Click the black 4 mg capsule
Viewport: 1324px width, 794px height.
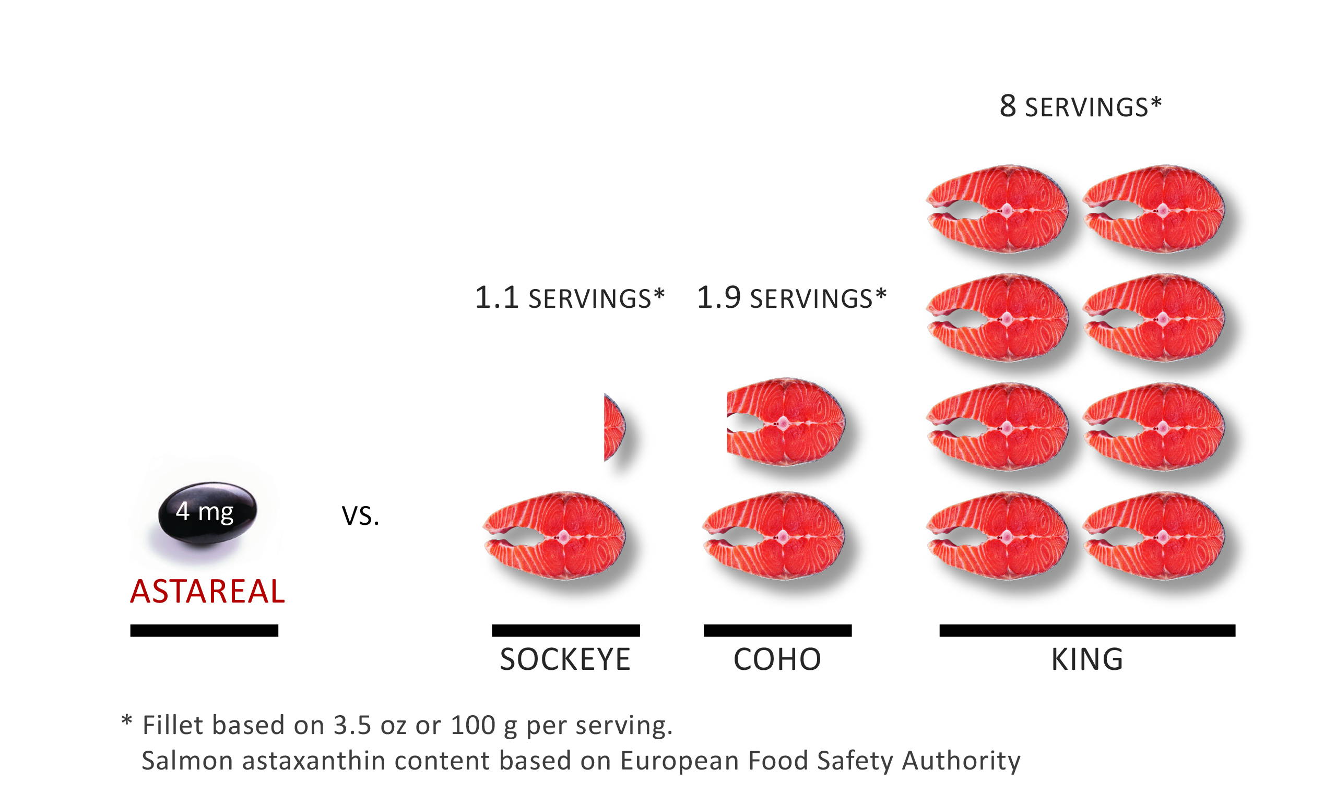click(207, 512)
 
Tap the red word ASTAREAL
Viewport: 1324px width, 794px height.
click(207, 591)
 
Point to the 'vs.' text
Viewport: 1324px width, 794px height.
click(360, 515)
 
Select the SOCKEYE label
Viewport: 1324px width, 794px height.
click(565, 659)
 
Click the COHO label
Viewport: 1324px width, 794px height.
click(777, 659)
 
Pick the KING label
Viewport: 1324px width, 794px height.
click(1087, 659)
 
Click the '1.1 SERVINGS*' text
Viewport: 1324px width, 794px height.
click(569, 298)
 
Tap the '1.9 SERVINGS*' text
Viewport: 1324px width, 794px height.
click(791, 298)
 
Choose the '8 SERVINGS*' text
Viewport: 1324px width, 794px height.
click(1080, 106)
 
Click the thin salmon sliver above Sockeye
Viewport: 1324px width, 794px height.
click(613, 427)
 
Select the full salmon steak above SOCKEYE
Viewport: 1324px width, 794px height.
click(554, 536)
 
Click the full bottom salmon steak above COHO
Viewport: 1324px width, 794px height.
click(774, 536)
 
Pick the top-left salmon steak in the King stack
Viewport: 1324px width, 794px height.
click(998, 209)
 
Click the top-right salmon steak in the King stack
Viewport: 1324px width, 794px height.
click(1154, 209)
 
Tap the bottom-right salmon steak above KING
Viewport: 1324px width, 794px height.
click(1154, 536)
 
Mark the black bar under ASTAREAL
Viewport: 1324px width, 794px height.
click(204, 630)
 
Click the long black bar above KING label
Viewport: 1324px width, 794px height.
click(1087, 630)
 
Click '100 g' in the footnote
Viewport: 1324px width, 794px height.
click(483, 726)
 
